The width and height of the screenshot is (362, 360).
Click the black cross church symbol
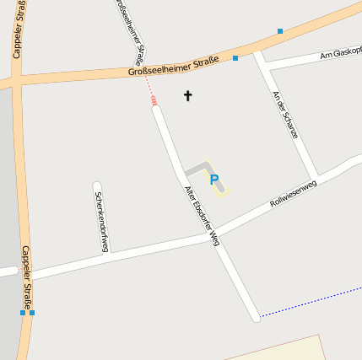tap(187, 96)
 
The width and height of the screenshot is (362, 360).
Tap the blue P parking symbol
tap(213, 180)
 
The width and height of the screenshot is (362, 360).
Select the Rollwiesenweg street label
tap(293, 193)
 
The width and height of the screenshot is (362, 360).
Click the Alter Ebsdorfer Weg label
tap(202, 215)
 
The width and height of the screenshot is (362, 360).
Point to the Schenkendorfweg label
tap(101, 222)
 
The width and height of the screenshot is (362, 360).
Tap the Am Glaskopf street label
tap(340, 54)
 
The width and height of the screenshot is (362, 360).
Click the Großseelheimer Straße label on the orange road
tap(174, 65)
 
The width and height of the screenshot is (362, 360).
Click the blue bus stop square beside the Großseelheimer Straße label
tap(235, 58)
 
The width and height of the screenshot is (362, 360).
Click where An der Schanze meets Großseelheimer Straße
tap(258, 53)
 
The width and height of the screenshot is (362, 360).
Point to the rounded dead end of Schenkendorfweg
tap(97, 185)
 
